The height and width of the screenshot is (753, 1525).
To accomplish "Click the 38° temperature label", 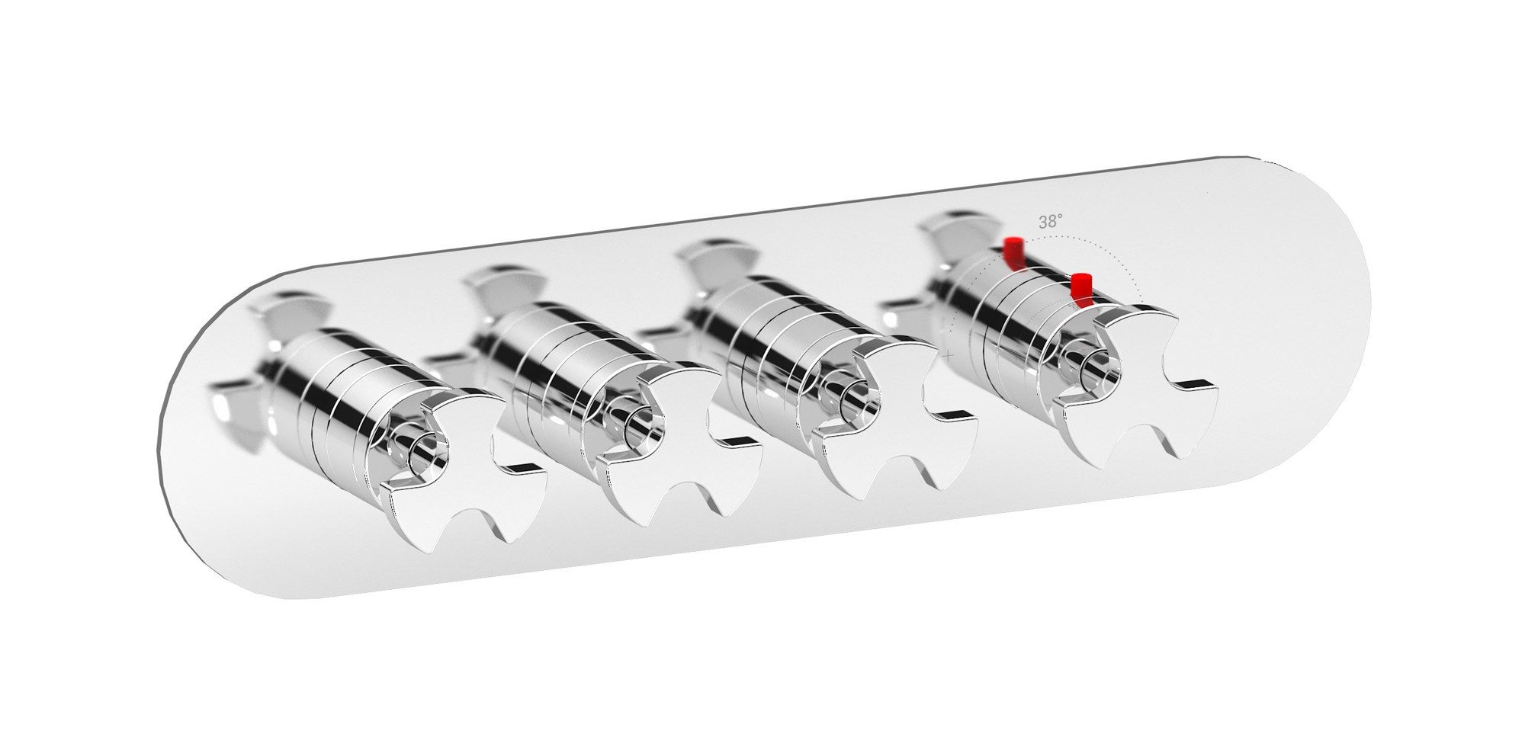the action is pos(1050,222).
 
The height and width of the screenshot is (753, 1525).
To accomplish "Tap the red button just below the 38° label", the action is pos(1013,253).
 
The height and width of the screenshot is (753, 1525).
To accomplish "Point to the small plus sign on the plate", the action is pos(948,355).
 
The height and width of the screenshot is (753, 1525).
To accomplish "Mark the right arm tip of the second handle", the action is pos(743,441).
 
